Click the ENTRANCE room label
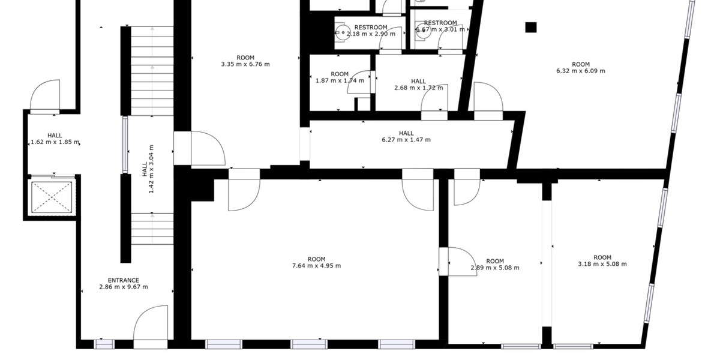pos(124,280)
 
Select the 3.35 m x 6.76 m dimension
pos(245,64)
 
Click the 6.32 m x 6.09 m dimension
pos(580,71)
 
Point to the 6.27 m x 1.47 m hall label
pos(406,140)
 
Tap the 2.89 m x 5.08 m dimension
pos(495,268)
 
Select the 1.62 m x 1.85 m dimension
pos(55,142)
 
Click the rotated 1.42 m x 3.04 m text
pos(151,169)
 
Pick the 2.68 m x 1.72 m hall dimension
pos(419,88)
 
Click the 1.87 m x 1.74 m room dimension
pos(340,80)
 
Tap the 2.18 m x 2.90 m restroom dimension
pos(371,34)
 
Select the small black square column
pos(530,27)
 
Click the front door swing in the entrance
pos(150,324)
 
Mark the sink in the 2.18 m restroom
pos(342,34)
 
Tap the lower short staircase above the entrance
pos(152,229)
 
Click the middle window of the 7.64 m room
pos(310,344)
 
